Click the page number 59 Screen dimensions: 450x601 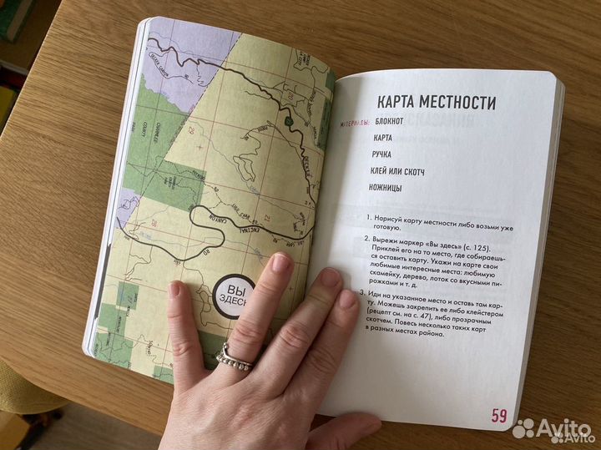pyautogui.click(x=499, y=416)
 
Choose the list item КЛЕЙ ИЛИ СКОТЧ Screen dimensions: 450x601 pyautogui.click(x=396, y=170)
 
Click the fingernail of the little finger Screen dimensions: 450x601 pyautogui.click(x=174, y=291)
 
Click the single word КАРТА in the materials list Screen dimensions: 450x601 pyautogui.click(x=384, y=138)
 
